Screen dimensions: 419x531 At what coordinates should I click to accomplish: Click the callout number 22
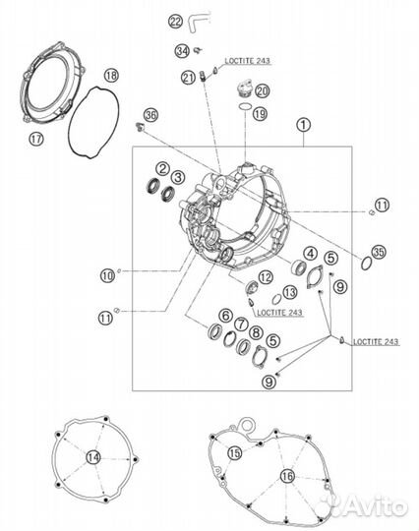click(x=175, y=22)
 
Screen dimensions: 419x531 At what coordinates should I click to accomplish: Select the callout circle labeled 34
click(x=182, y=51)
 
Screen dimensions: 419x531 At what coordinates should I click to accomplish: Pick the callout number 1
click(x=303, y=125)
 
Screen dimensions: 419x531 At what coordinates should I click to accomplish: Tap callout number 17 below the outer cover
click(x=36, y=139)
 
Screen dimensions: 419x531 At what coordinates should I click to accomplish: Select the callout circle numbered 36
click(x=150, y=115)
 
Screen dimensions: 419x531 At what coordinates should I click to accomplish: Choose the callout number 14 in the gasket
click(x=93, y=457)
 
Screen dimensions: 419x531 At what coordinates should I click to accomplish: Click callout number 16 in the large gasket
click(x=287, y=477)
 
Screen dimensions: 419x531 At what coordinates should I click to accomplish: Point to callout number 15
click(x=235, y=452)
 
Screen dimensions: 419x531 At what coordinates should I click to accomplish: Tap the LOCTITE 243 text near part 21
click(x=248, y=61)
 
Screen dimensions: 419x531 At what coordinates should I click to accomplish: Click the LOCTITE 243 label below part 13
click(x=279, y=313)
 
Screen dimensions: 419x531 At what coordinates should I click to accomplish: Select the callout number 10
click(x=107, y=276)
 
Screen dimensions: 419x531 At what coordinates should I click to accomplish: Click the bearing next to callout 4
click(x=299, y=266)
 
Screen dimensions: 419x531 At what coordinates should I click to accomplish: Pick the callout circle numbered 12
click(x=266, y=277)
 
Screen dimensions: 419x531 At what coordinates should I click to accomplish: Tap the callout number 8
click(x=256, y=332)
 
